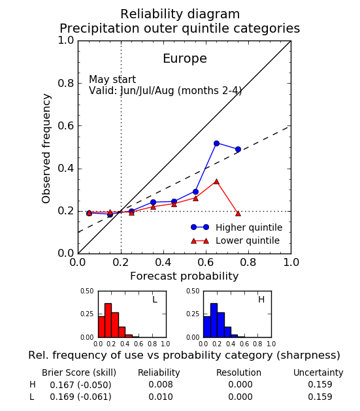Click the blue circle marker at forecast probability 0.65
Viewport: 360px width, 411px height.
pos(216,143)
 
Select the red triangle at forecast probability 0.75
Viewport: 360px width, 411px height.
pos(238,214)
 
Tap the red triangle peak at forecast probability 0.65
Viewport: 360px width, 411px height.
pos(216,182)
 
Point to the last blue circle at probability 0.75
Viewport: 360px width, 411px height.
pos(238,150)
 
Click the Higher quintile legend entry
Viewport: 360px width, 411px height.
pos(237,227)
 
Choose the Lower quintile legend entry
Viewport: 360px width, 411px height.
pos(235,240)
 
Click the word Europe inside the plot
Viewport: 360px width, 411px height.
pos(185,59)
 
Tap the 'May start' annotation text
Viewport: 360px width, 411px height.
pos(112,80)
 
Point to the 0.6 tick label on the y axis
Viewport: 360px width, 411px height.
pos(66,126)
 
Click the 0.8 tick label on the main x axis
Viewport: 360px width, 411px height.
pos(248,262)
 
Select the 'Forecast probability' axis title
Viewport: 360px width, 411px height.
pos(184,276)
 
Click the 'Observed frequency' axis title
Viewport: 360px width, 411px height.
pos(46,148)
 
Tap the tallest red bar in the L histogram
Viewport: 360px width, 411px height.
pos(108,320)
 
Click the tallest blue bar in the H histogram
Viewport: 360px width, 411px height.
pos(214,320)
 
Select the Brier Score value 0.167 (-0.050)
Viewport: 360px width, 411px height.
pos(80,385)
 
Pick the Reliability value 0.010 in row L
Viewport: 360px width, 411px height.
pos(161,397)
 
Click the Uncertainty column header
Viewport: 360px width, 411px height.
pos(318,372)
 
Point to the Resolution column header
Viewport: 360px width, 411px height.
pos(238,372)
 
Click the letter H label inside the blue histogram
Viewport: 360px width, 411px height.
pos(261,299)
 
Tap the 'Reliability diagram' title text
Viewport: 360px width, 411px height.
pos(180,14)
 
